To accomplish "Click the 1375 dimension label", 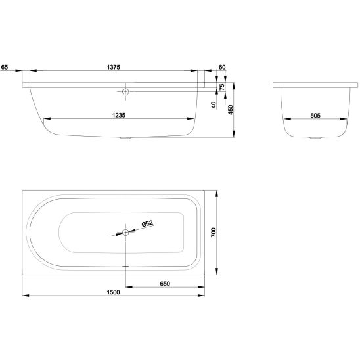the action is [114, 67].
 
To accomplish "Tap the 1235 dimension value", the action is [119, 115].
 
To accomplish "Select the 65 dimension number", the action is [5, 67].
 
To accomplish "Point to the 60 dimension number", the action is [222, 67].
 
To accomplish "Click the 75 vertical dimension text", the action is [222, 87].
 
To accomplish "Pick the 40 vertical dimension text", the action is [214, 105].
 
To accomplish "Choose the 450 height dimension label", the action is [231, 110].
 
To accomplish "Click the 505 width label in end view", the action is [315, 115].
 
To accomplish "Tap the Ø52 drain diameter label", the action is [147, 223].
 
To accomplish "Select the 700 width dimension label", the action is [214, 233].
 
